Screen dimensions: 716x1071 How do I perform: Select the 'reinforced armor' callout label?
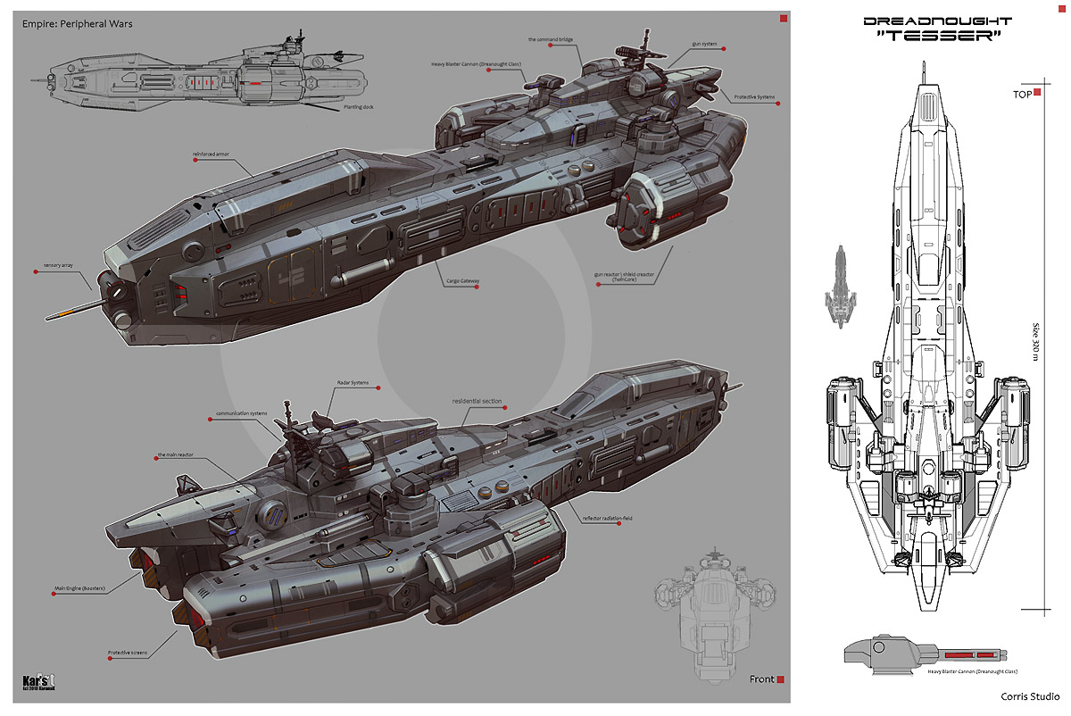coord(212,154)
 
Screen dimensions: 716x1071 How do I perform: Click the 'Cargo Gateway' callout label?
coord(463,280)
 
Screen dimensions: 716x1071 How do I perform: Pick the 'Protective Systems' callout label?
coord(752,101)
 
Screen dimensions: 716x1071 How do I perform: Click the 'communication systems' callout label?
coord(243,413)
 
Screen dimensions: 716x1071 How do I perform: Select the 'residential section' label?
coord(477,401)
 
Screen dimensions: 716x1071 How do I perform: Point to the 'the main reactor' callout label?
coord(175,455)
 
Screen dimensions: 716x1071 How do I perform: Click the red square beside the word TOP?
coord(1037,93)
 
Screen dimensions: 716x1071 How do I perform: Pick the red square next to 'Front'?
coord(780,679)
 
